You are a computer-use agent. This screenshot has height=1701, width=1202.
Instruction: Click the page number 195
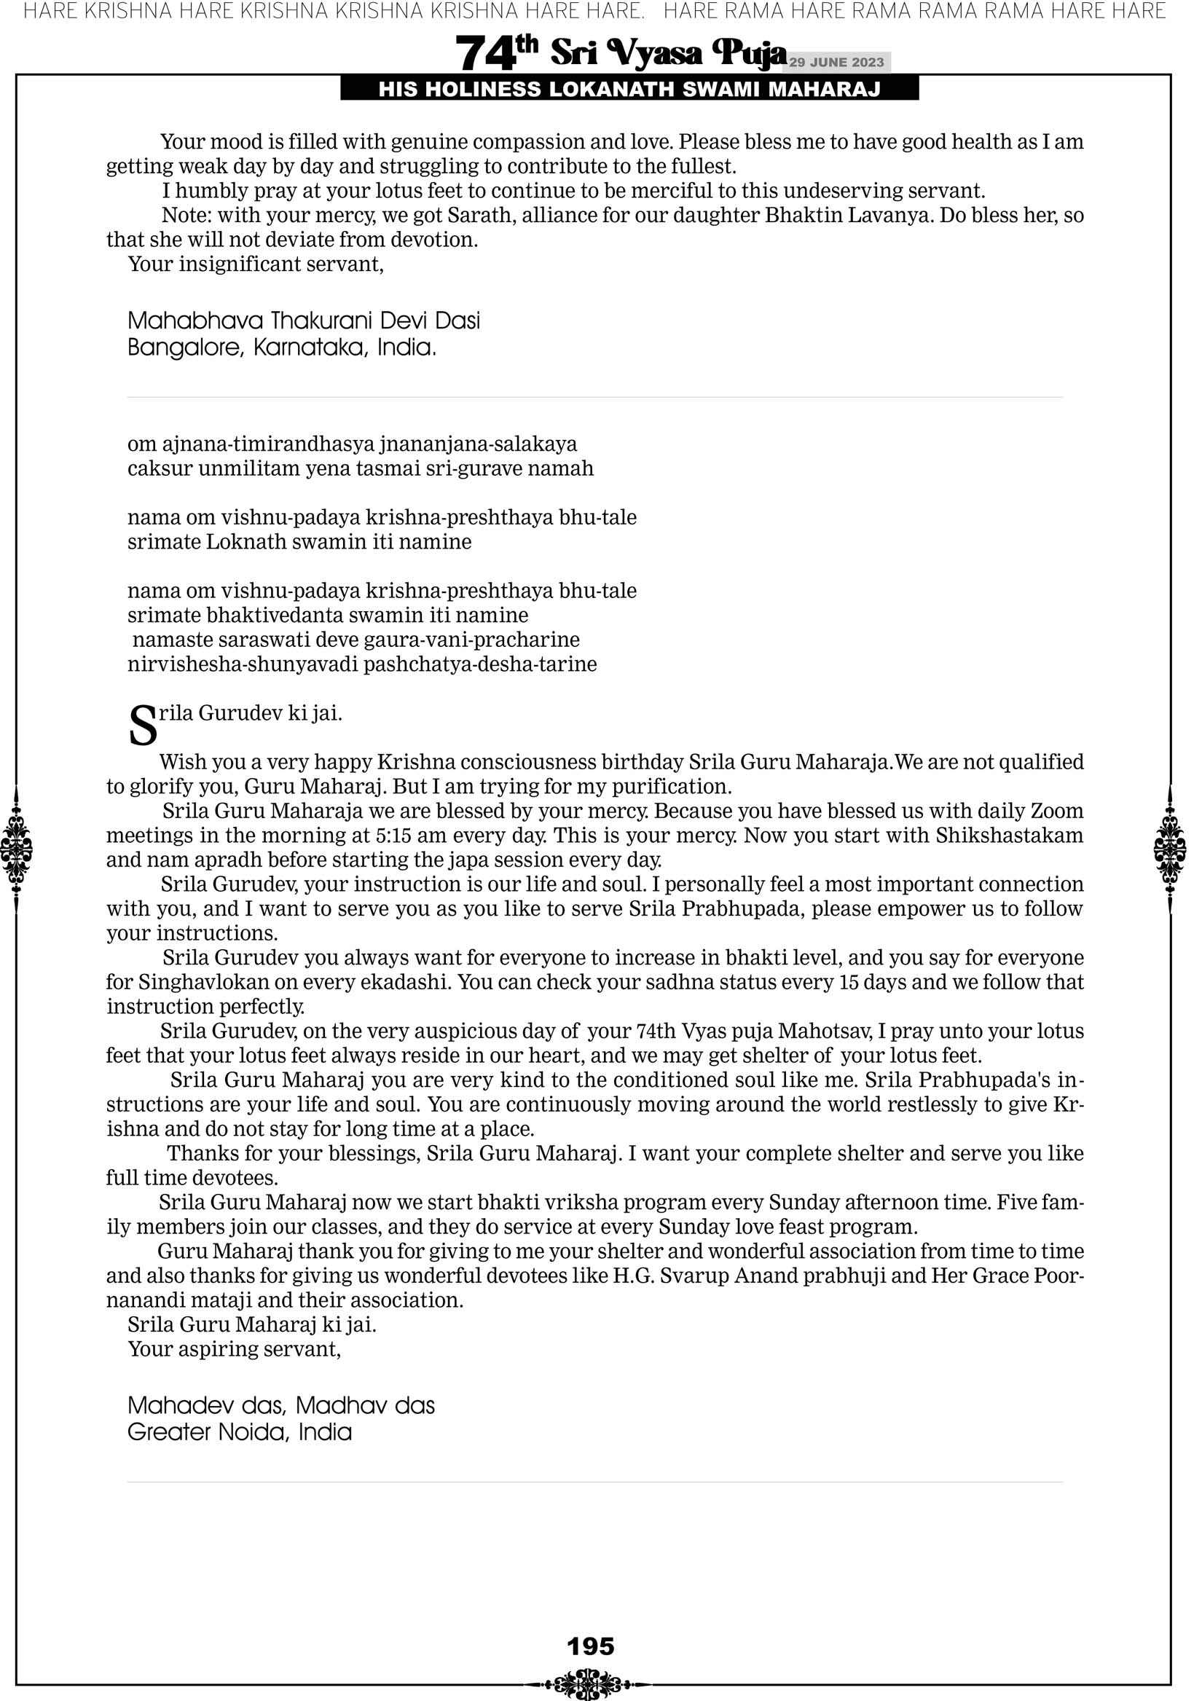pos(591,1646)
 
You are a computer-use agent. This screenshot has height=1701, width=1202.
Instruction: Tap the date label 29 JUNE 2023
pos(836,62)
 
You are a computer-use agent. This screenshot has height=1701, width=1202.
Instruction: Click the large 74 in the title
pos(485,53)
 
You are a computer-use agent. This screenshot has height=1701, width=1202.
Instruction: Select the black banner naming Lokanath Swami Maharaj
pos(629,89)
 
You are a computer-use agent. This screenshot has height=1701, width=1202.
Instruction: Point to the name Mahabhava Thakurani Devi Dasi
pos(304,320)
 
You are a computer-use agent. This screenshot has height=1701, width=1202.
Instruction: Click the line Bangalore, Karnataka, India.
pos(282,347)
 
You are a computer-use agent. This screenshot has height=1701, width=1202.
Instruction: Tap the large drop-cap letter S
pos(143,727)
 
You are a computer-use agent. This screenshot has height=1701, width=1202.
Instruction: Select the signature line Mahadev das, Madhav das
pos(281,1405)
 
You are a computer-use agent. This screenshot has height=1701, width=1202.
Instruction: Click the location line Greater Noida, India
pos(240,1431)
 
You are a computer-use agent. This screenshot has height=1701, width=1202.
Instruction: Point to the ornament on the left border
pos(16,849)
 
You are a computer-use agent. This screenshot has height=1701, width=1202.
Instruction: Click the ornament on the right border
pos(1170,849)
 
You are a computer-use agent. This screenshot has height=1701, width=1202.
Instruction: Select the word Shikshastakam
pos(1008,835)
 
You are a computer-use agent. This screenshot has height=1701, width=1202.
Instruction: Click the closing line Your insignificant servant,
pos(256,264)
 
